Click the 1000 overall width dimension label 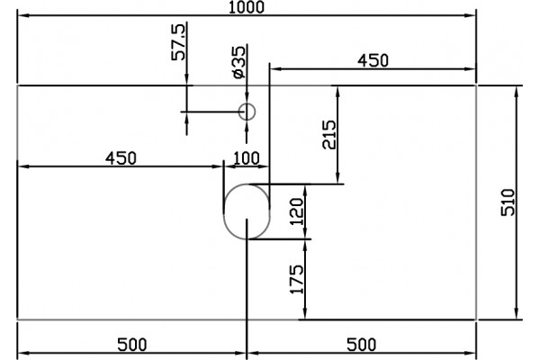pyautogui.click(x=247, y=7)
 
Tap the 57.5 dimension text pyautogui.click(x=178, y=42)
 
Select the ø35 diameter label pyautogui.click(x=239, y=62)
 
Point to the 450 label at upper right pyautogui.click(x=373, y=60)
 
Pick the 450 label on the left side pyautogui.click(x=121, y=158)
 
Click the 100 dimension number pyautogui.click(x=247, y=158)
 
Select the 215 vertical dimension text pyautogui.click(x=328, y=134)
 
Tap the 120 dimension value pyautogui.click(x=297, y=211)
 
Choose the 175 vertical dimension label pyautogui.click(x=298, y=279)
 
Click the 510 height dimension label pyautogui.click(x=508, y=202)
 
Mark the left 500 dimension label pyautogui.click(x=132, y=345)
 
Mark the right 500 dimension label pyautogui.click(x=361, y=345)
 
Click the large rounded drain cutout pyautogui.click(x=224, y=211)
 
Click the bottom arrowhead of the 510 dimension pyautogui.click(x=516, y=314)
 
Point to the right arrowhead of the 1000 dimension pyautogui.click(x=471, y=15)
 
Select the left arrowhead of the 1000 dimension pyautogui.click(x=23, y=15)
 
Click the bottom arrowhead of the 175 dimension pyautogui.click(x=305, y=314)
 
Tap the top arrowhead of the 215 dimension pyautogui.click(x=337, y=92)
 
